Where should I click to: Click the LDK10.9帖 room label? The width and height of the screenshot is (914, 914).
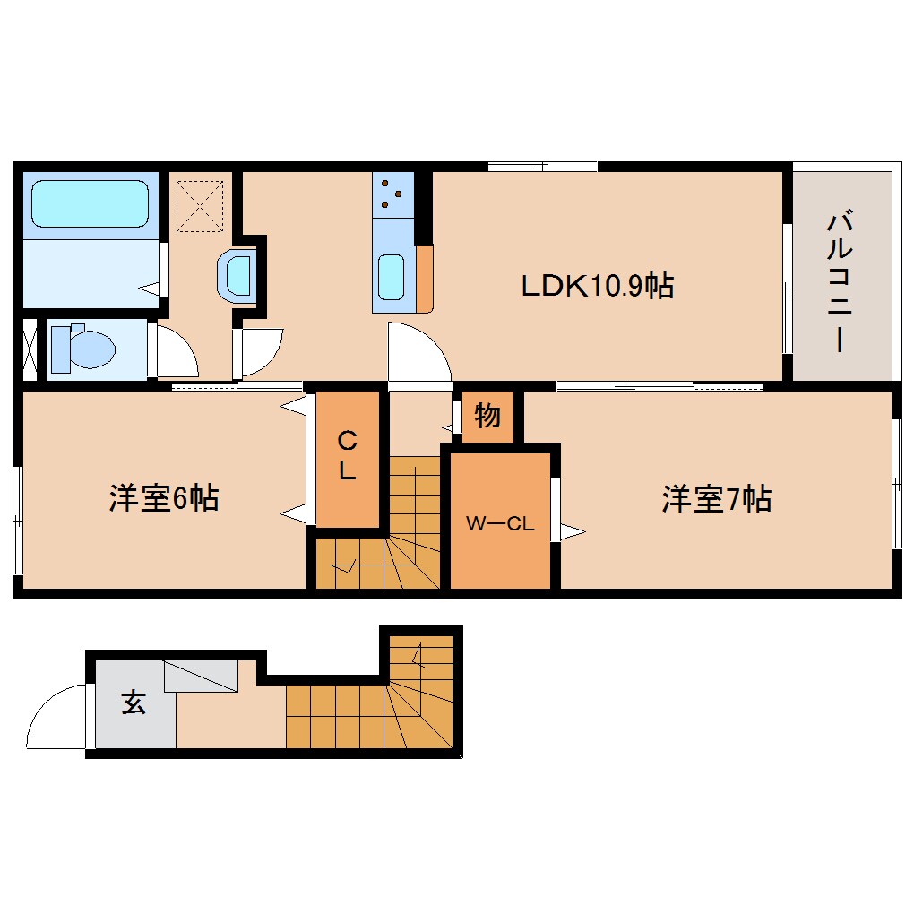coord(598,286)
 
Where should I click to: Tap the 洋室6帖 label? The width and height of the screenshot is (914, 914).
coord(164,498)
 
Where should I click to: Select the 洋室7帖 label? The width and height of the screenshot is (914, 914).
coord(716,498)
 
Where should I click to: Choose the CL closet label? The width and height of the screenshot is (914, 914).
coord(347,455)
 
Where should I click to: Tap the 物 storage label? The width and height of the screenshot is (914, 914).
coord(487,416)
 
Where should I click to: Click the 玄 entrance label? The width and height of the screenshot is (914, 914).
coord(134,703)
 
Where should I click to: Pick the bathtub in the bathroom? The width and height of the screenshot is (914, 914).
coord(90,204)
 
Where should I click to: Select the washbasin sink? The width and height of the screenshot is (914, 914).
coord(237,274)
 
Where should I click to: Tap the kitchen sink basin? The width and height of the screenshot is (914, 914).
coord(392,277)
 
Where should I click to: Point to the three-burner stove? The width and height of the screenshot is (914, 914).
coord(391,194)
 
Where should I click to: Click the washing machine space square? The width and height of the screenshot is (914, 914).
coord(199,205)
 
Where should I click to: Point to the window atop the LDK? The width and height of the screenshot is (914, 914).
coord(543,166)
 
